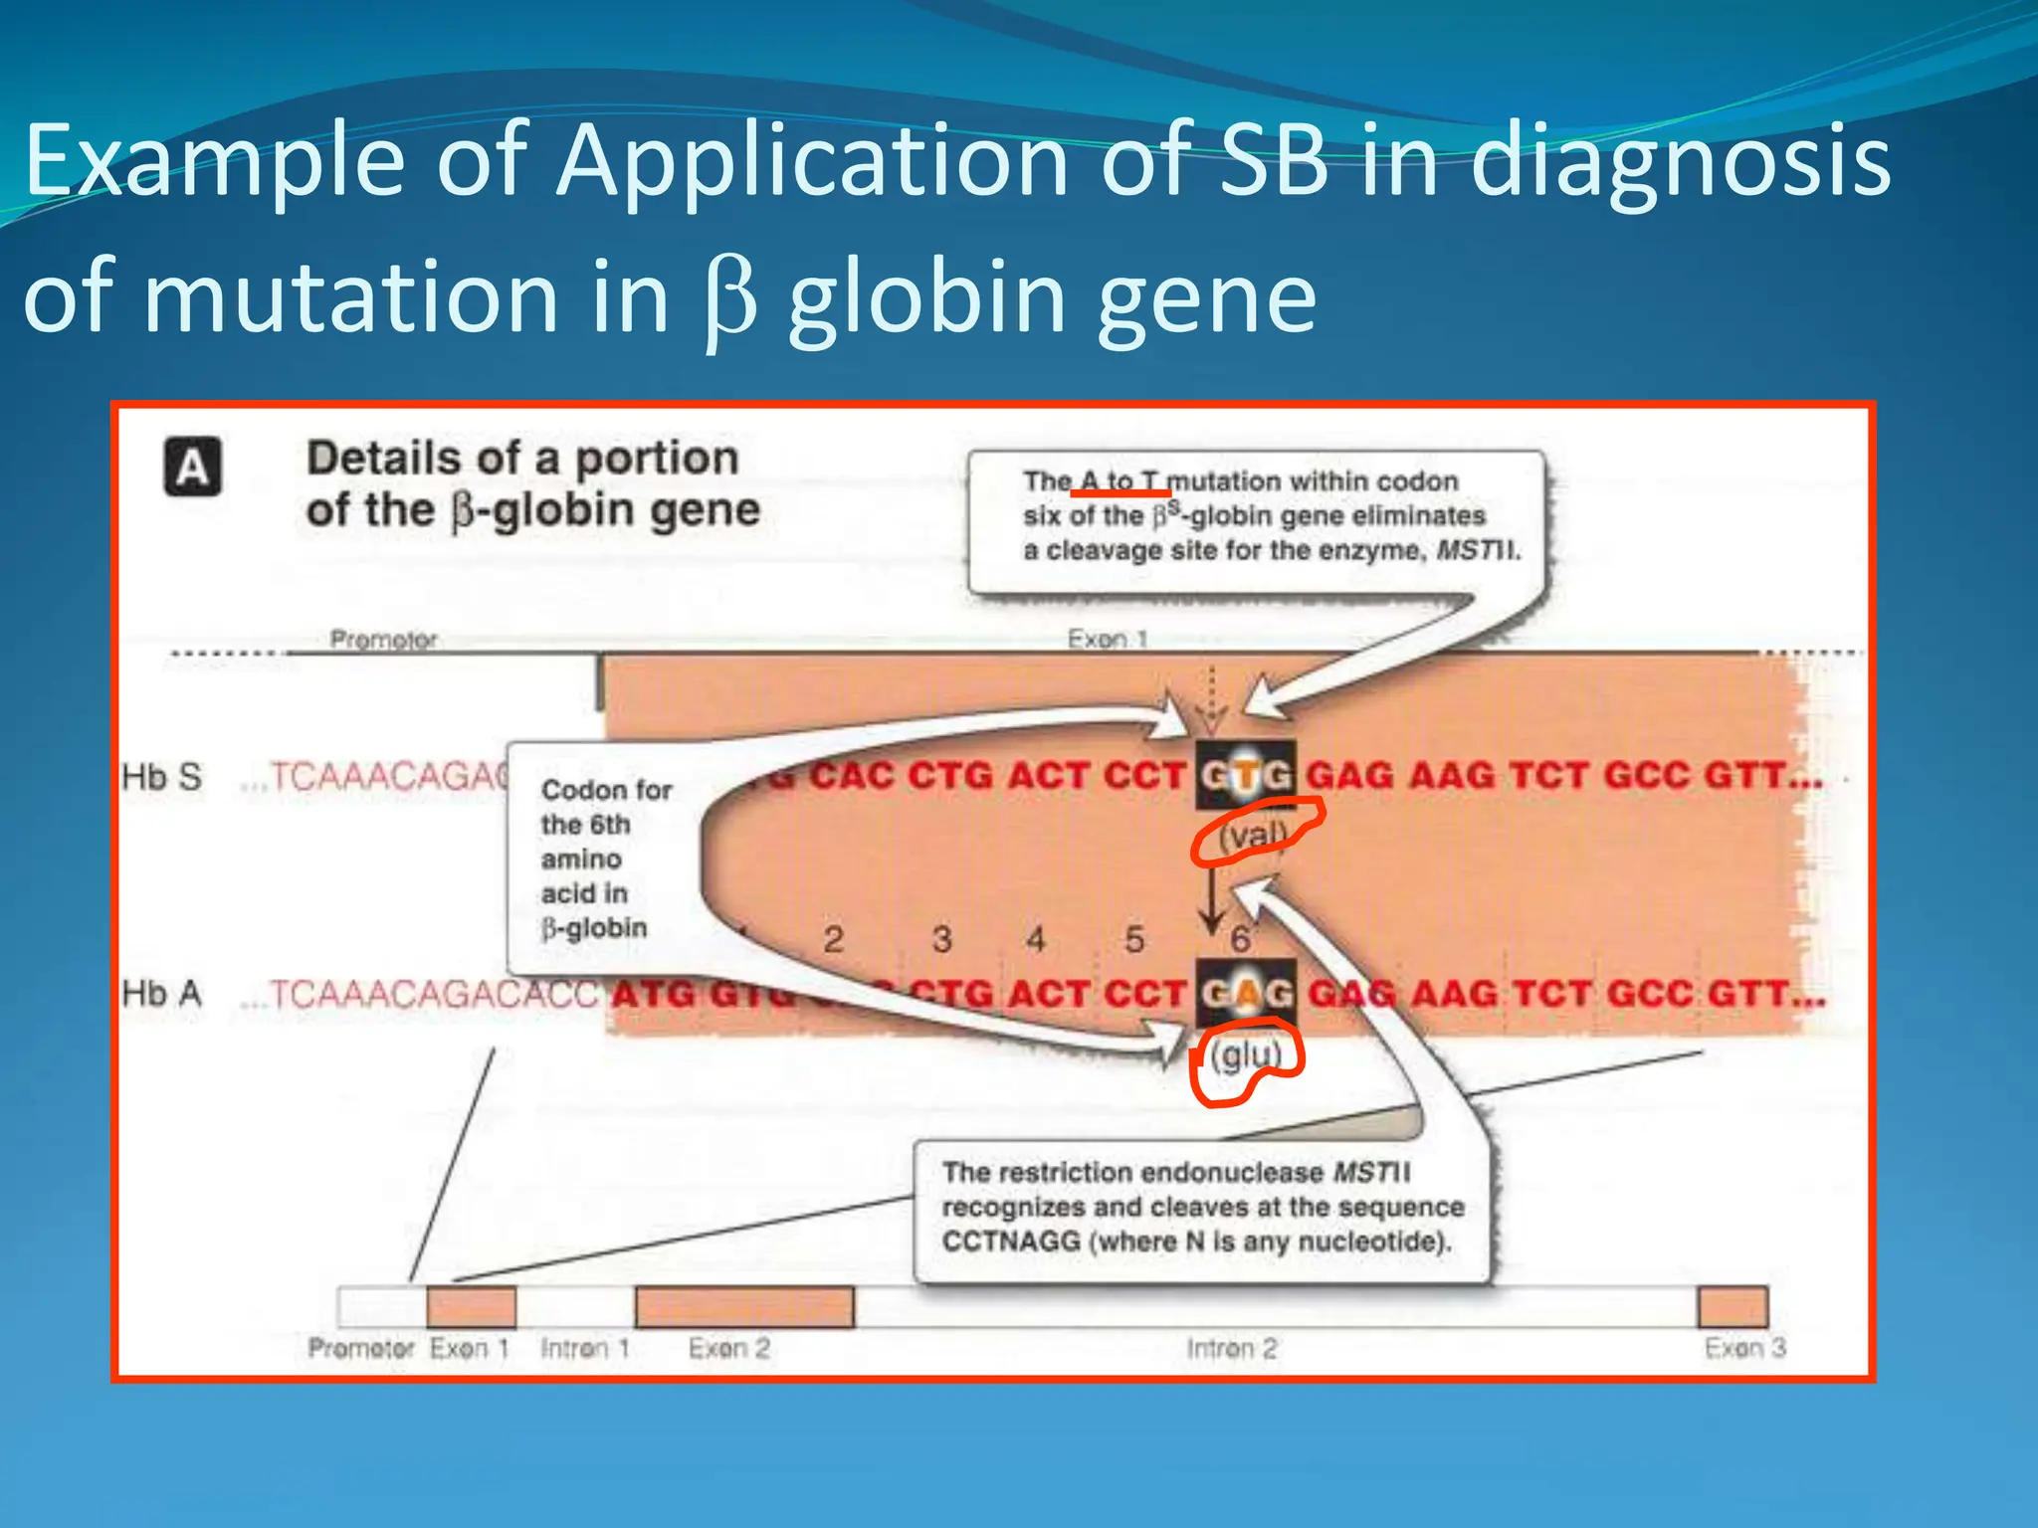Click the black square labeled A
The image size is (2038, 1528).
tap(193, 467)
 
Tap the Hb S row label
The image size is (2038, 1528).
tap(161, 777)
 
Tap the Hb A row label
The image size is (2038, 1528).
tap(161, 994)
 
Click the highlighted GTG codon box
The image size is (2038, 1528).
tap(1246, 775)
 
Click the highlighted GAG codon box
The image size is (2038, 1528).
tap(1246, 993)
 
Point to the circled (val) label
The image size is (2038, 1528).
tap(1254, 834)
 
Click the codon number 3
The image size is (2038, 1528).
tap(941, 939)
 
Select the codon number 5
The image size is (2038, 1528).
tap(1134, 939)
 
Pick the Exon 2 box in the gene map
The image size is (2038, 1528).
tap(744, 1307)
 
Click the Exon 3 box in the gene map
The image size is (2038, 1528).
tap(1732, 1307)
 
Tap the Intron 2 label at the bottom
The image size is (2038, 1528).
tap(1231, 1349)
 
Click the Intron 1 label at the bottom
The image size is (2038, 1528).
tap(585, 1349)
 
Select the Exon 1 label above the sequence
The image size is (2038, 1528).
tap(1108, 639)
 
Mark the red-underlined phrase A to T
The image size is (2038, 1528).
tap(1121, 481)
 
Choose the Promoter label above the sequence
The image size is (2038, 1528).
tap(383, 639)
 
